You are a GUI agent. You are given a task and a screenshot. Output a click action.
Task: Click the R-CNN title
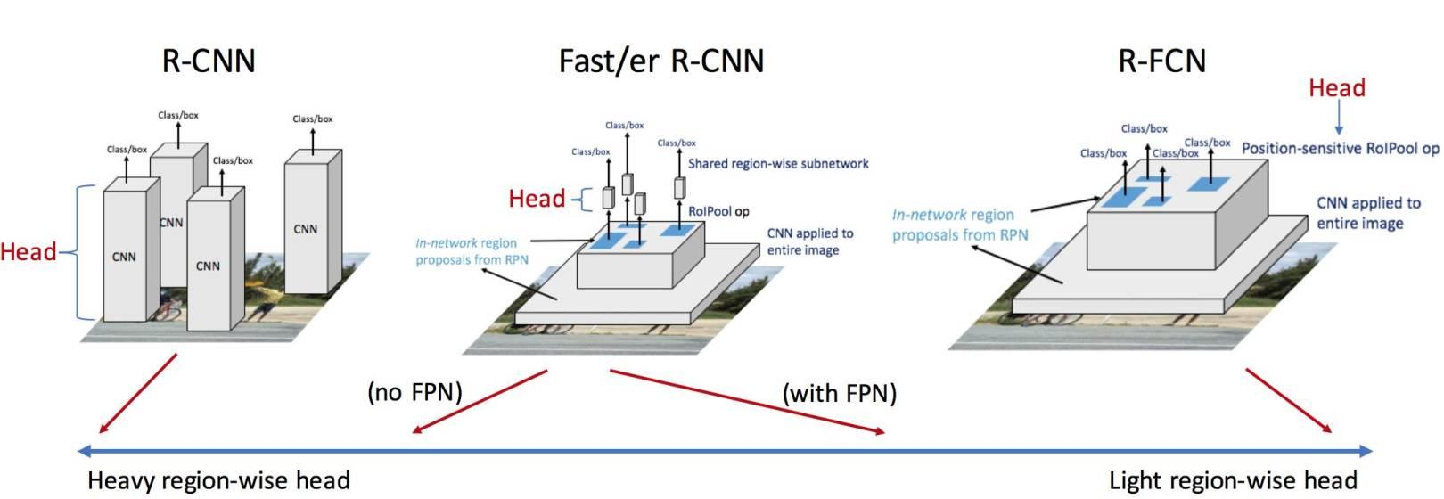pos(209,61)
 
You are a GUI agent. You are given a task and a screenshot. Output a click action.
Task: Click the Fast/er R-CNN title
pos(660,61)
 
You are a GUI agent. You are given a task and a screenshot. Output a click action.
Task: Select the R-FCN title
pos(1161,61)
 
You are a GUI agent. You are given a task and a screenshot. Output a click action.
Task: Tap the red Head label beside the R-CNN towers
pos(28,252)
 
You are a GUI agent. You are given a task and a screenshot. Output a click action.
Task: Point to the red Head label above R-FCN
pos(1336,88)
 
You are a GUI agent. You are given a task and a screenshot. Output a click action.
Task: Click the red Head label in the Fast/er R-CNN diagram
pos(537,198)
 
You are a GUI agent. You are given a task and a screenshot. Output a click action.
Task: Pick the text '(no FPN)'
pos(415,392)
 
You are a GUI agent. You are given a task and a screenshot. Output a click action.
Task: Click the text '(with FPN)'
pos(839,393)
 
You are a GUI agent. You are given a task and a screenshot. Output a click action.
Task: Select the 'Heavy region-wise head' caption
pos(218,481)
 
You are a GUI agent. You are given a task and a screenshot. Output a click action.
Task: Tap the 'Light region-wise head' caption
pos(1233,481)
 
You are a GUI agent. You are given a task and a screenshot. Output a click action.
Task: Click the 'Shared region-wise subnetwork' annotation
pos(778,164)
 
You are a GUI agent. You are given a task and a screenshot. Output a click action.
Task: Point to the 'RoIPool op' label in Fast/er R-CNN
pos(718,211)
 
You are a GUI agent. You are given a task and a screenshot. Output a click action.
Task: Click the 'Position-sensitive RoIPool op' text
pos(1340,148)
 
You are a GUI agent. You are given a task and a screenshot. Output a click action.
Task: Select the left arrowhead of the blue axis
pos(84,450)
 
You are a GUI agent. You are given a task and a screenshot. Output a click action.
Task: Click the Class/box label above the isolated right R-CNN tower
pos(313,119)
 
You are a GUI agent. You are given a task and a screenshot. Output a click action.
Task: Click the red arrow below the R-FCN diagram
pos(1289,400)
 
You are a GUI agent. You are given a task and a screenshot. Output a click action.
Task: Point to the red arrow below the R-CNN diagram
pos(139,393)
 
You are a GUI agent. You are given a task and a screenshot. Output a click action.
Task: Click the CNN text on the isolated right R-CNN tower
pos(305,229)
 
